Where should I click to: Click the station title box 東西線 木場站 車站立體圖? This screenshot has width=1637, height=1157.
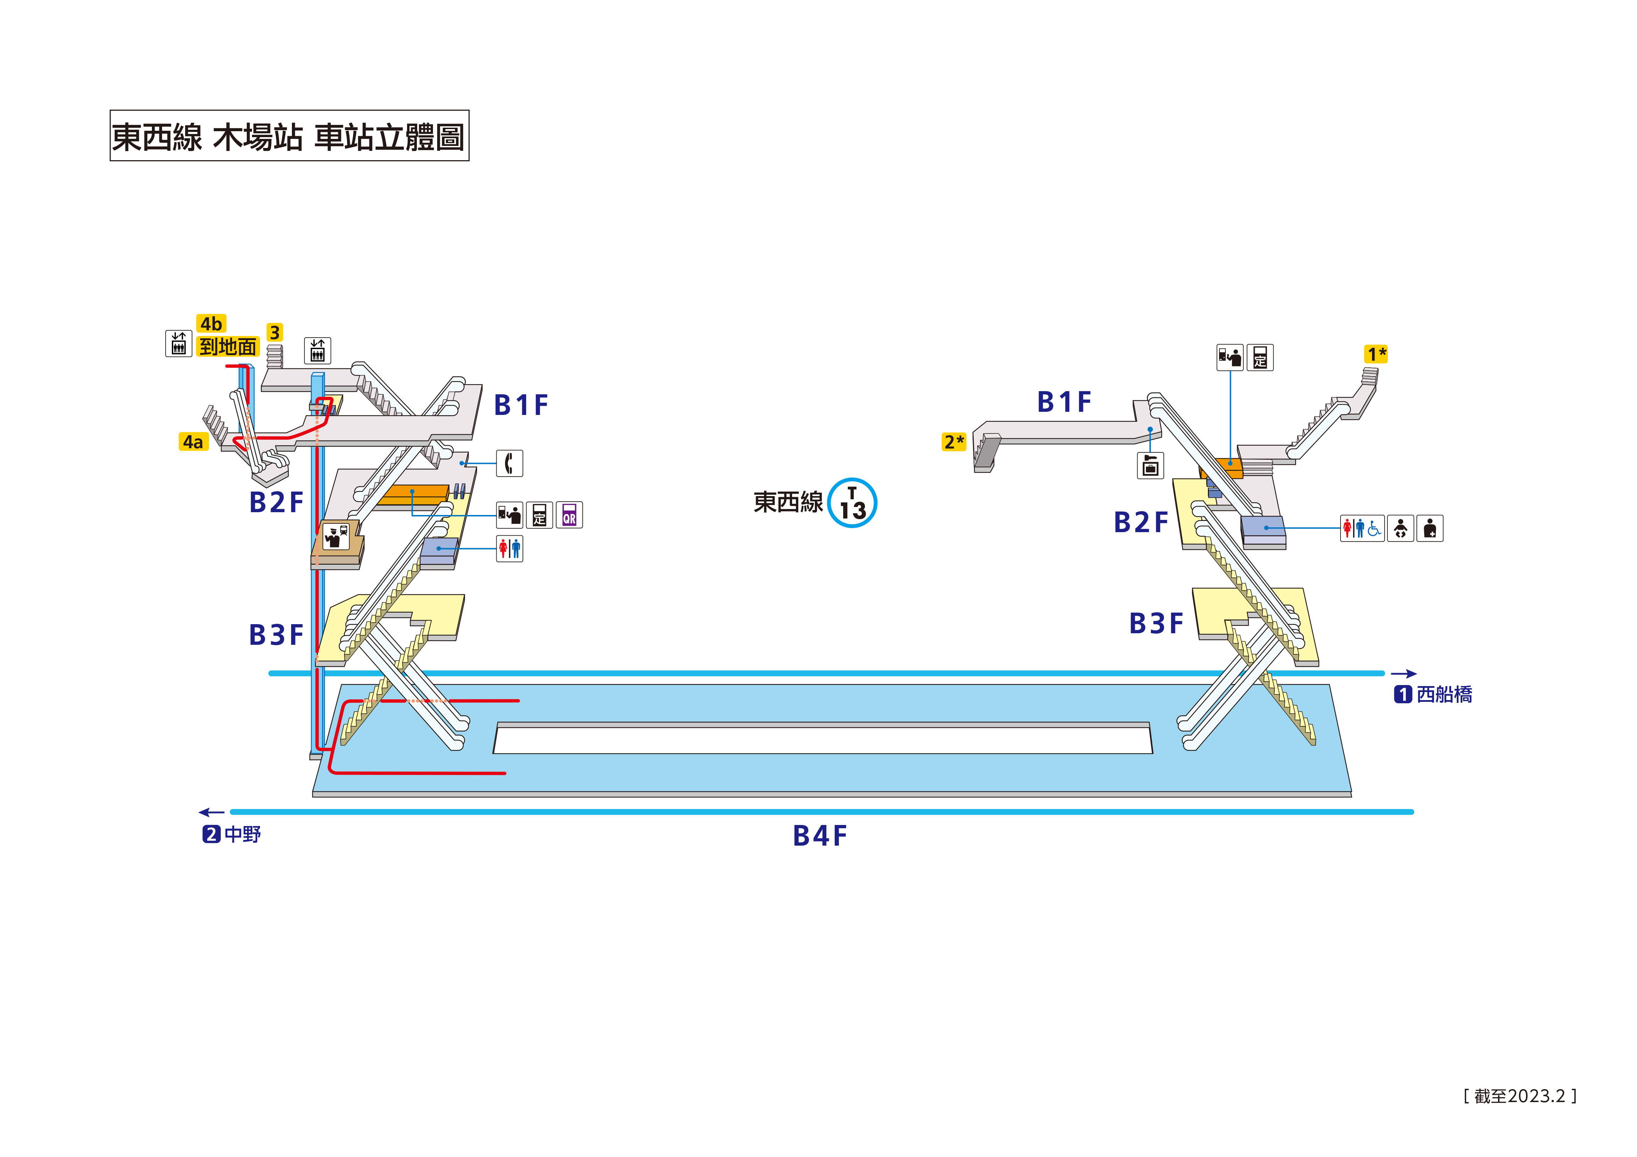pos(289,135)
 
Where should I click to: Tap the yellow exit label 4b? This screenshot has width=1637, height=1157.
pos(211,324)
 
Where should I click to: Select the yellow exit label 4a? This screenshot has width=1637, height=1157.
pos(193,442)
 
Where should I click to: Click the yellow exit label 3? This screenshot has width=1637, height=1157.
pos(274,332)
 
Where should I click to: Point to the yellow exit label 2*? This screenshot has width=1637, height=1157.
pos(954,442)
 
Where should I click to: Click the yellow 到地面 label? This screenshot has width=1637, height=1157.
pos(228,347)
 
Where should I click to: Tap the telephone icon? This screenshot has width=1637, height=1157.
pos(509,463)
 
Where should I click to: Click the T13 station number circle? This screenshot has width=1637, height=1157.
pos(853,502)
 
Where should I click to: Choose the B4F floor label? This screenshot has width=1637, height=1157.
pos(820,835)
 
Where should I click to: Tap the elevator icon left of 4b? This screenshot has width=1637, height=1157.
pos(178,344)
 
